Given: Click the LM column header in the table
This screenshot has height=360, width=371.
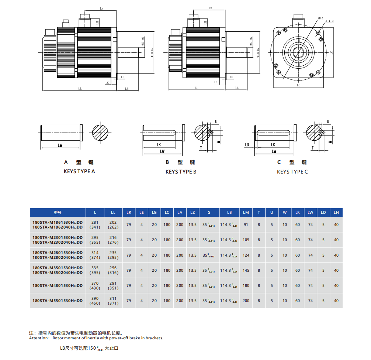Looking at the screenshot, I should [246, 212].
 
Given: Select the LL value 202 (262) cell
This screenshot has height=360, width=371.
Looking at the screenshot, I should [113, 225].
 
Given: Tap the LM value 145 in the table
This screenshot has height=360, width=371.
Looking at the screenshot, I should [246, 270].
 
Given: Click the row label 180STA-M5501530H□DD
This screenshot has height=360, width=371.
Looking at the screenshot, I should [58, 301].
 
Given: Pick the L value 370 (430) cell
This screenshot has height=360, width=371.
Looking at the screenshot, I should [95, 285].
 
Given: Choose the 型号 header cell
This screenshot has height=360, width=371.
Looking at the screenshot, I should [57, 212].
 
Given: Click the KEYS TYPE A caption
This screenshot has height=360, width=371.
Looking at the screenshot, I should [79, 171].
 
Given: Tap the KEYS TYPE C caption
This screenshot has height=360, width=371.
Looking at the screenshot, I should [292, 172].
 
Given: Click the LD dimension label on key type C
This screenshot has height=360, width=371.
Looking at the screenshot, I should [247, 145].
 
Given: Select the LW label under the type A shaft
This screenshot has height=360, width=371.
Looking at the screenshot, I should [60, 145].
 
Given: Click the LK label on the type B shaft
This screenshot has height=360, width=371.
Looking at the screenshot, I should [159, 145].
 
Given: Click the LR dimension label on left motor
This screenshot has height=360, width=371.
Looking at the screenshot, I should [127, 89].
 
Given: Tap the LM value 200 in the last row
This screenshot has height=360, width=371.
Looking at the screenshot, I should [246, 301].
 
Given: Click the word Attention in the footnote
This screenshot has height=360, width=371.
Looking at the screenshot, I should [39, 338].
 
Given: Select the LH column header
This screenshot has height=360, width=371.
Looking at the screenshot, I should [336, 212].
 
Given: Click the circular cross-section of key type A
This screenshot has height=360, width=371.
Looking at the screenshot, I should [101, 132].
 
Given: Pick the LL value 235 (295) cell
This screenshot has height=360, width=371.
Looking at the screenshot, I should [113, 255].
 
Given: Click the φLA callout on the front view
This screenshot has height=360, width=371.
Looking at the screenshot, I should [320, 18].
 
